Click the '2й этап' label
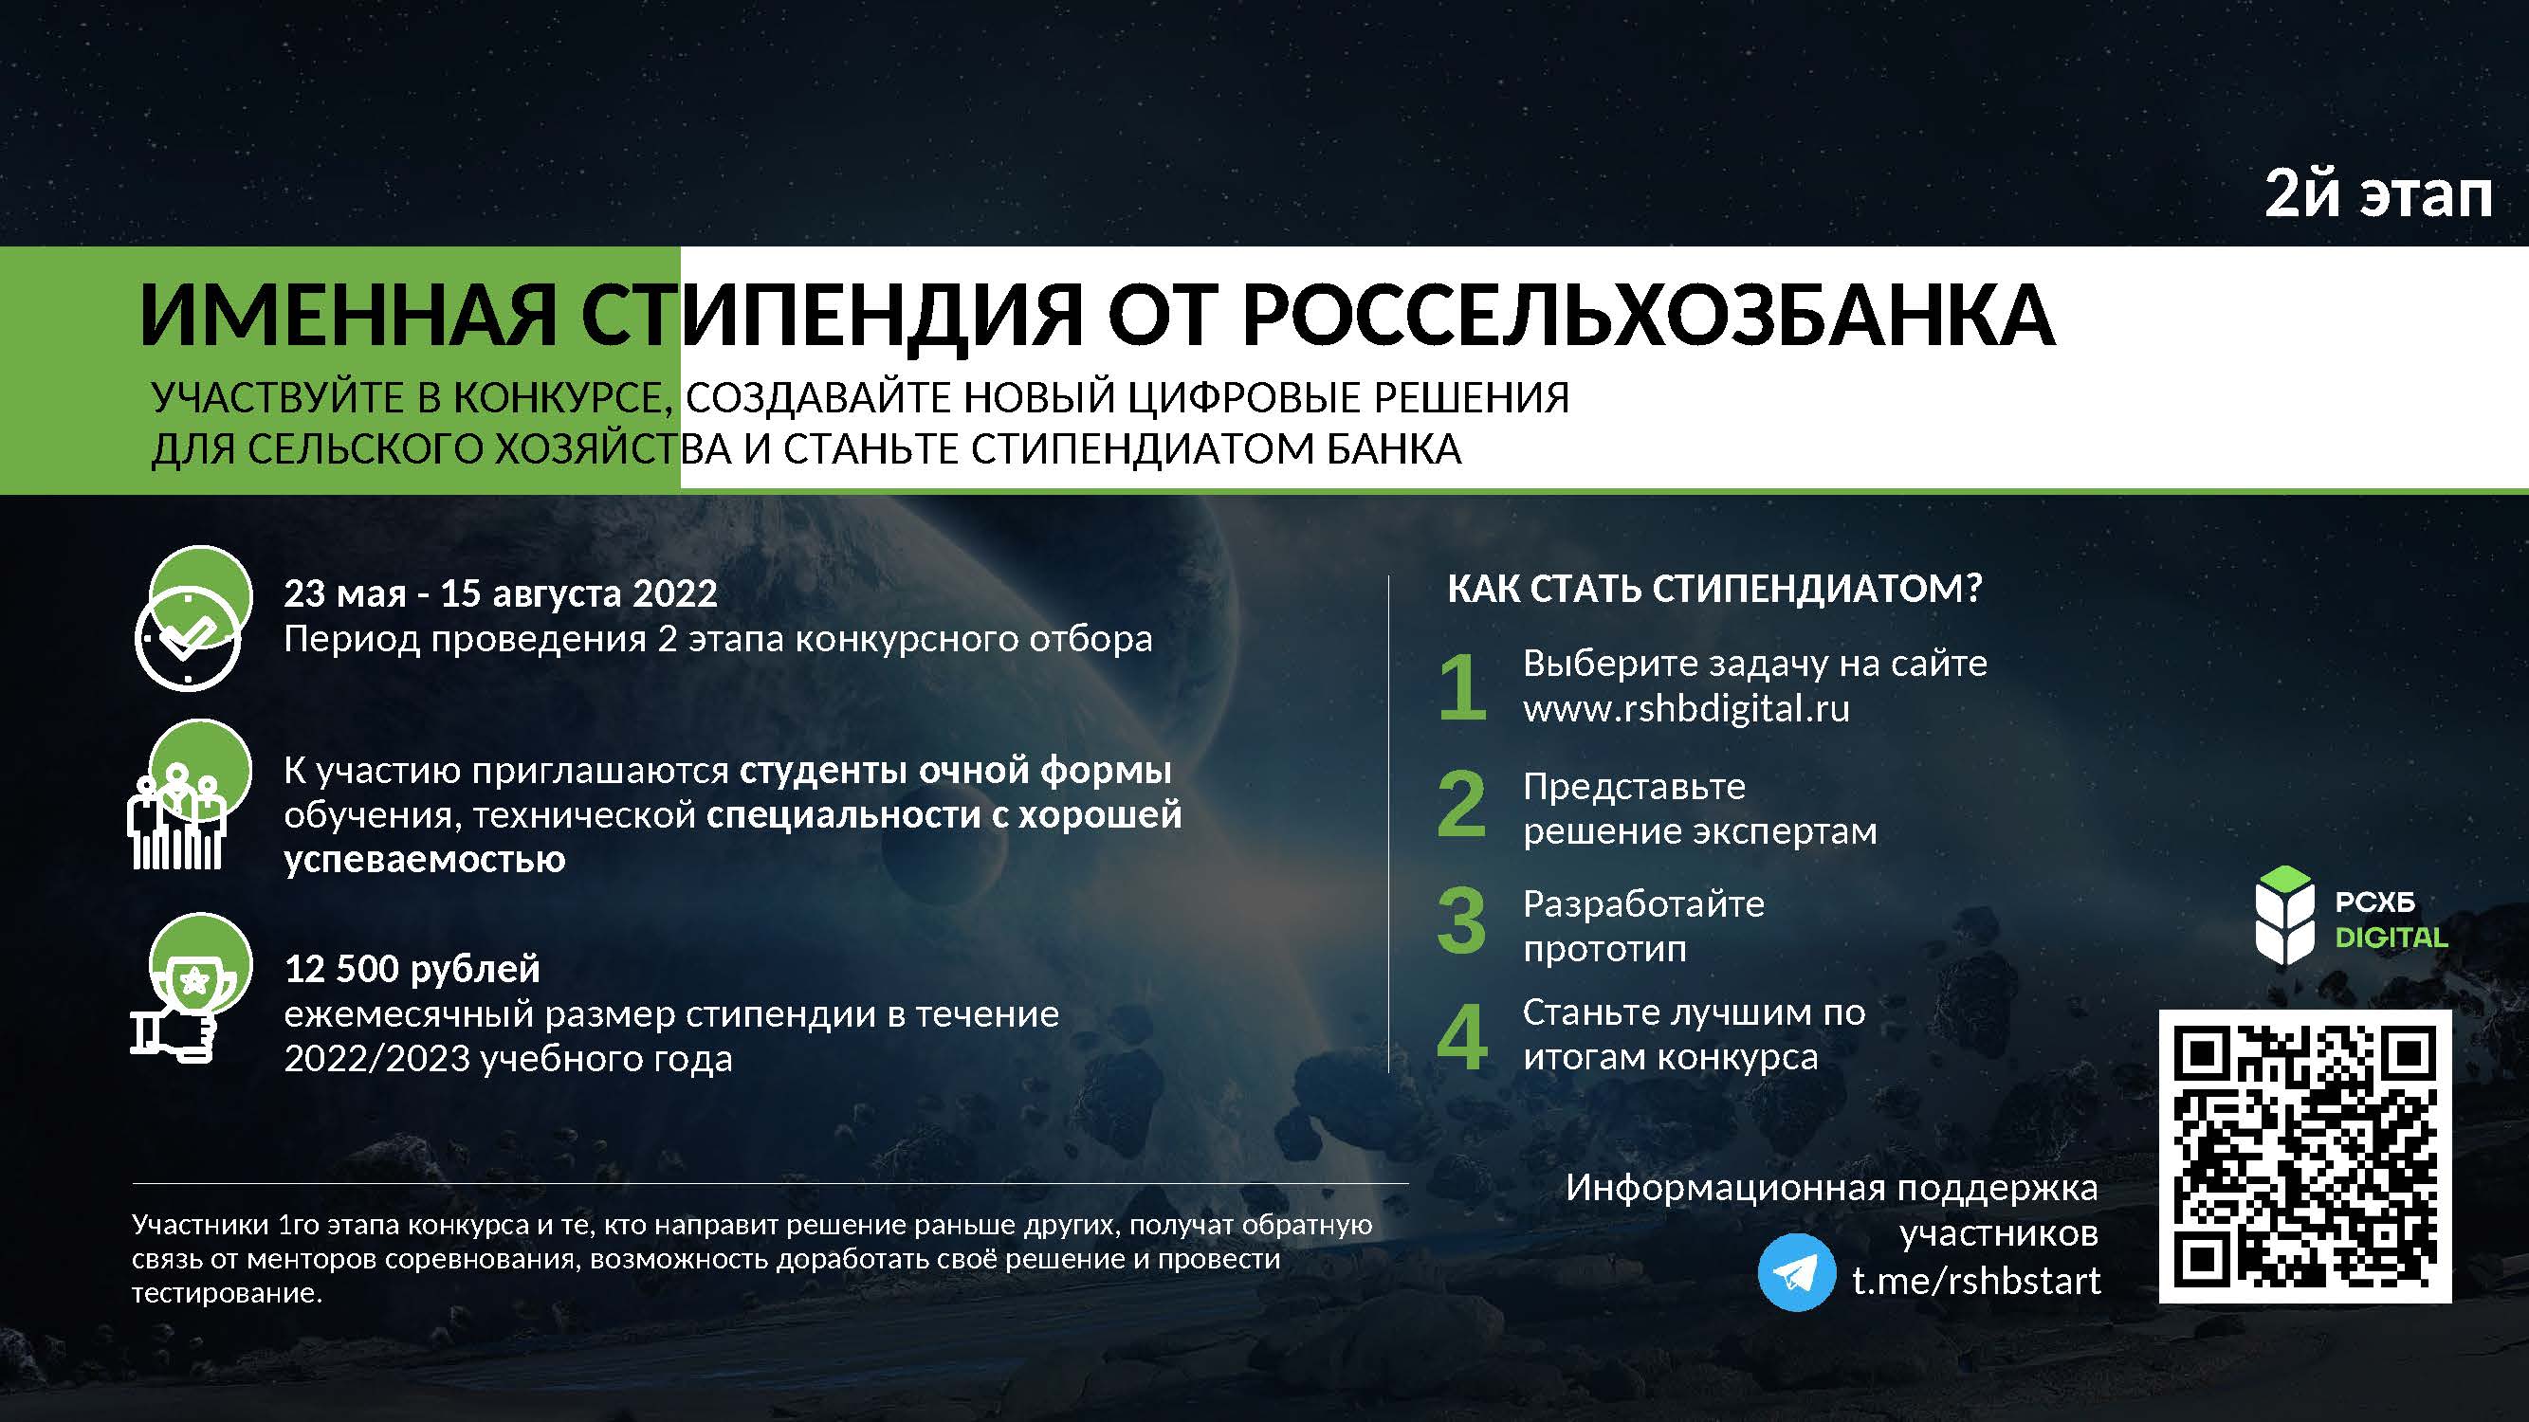[x=2378, y=194]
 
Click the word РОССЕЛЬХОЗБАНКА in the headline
[x=1648, y=316]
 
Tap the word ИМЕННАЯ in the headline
[x=348, y=316]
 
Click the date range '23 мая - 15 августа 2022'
[x=501, y=593]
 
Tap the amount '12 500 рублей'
[x=412, y=970]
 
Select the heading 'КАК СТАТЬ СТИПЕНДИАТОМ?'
[x=1714, y=589]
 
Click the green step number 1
[x=1463, y=686]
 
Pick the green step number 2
[x=1462, y=804]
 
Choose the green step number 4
[x=1462, y=1037]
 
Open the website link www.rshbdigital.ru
[x=1686, y=708]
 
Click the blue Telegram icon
[x=1796, y=1272]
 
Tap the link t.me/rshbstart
[x=1976, y=1281]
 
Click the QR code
[x=2305, y=1156]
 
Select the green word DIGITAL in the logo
[x=2392, y=939]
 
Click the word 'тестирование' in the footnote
[x=227, y=1293]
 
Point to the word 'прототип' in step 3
[x=1604, y=949]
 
